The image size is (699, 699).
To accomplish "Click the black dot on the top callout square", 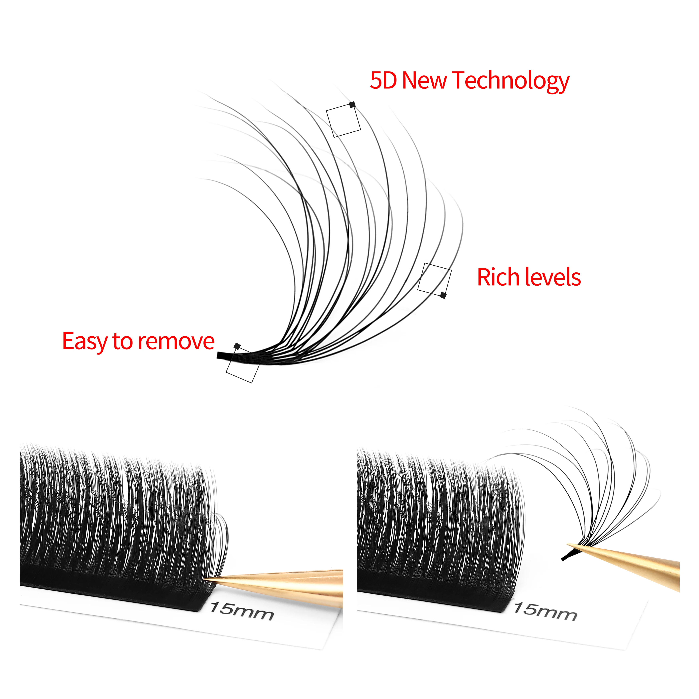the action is [x=352, y=105].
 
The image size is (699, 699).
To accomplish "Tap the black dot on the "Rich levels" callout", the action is [x=443, y=295].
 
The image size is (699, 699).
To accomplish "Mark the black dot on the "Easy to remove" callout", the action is [x=237, y=346].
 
